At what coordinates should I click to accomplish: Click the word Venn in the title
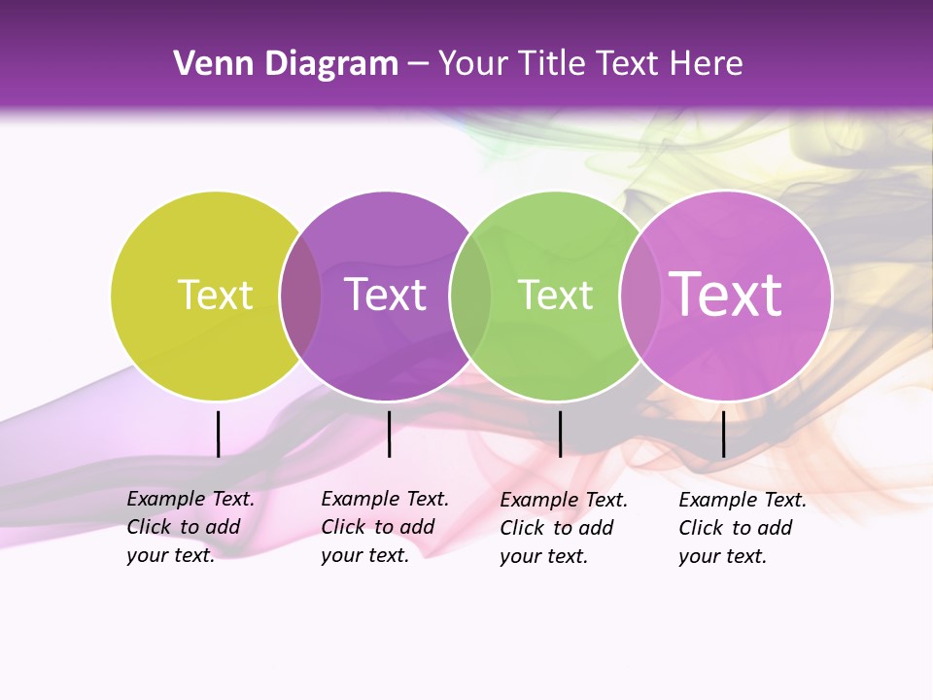pyautogui.click(x=212, y=64)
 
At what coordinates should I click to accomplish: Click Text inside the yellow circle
pyautogui.click(x=215, y=295)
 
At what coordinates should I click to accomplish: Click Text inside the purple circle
pyautogui.click(x=386, y=295)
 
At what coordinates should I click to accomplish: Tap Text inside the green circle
pyautogui.click(x=556, y=295)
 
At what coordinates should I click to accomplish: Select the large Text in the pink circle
pyautogui.click(x=726, y=295)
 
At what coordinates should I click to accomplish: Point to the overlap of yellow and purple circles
pyautogui.click(x=300, y=296)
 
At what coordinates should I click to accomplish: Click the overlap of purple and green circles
pyautogui.click(x=470, y=296)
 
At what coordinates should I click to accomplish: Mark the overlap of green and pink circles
pyautogui.click(x=639, y=296)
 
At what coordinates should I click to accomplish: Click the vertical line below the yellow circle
pyautogui.click(x=218, y=434)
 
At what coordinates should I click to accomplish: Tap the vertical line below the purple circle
pyautogui.click(x=389, y=434)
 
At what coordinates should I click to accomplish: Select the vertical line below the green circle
pyautogui.click(x=560, y=434)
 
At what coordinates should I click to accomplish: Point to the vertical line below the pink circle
pyautogui.click(x=723, y=434)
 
